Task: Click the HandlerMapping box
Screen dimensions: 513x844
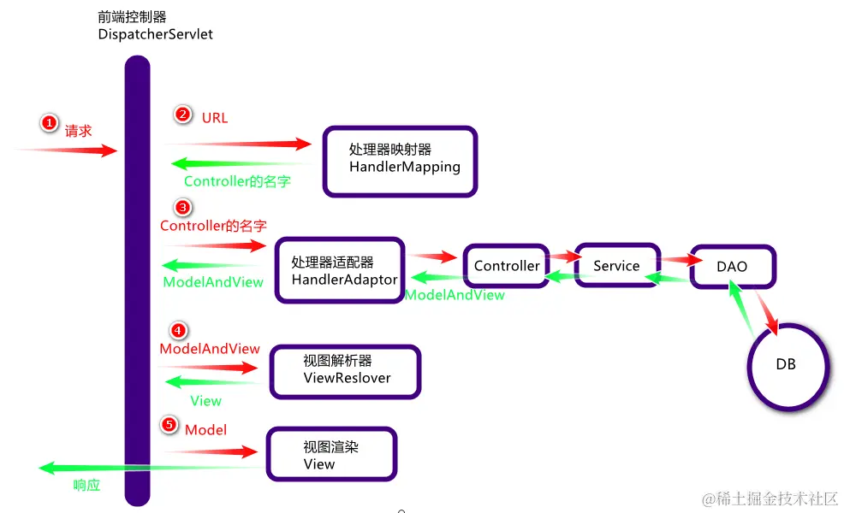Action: coord(400,160)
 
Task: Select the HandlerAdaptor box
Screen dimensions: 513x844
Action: coord(340,270)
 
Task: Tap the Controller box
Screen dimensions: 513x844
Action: coord(507,266)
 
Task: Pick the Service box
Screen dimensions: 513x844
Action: coord(616,265)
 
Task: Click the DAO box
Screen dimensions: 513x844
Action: coord(732,266)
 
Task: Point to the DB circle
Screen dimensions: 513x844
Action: coord(786,364)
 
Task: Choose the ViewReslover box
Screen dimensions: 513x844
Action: coord(346,370)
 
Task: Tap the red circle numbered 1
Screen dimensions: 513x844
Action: coord(50,124)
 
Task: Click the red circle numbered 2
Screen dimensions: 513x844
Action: coord(182,114)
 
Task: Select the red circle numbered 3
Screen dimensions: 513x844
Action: coord(182,207)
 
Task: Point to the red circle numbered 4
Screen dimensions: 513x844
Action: coord(178,330)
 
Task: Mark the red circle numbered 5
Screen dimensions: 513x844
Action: coord(169,425)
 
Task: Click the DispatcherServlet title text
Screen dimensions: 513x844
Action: coord(156,35)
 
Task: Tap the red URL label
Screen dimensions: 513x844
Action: coord(215,118)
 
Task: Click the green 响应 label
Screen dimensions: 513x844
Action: coord(86,485)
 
